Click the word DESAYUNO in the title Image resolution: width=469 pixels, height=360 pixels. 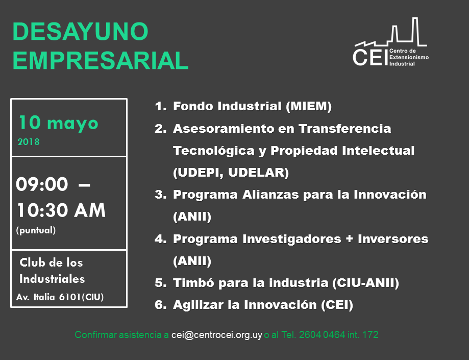81,31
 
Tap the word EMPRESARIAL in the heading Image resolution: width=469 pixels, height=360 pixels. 101,60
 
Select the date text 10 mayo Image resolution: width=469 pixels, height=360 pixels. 58,123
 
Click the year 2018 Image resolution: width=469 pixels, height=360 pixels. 29,142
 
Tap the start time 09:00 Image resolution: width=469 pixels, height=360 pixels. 42,184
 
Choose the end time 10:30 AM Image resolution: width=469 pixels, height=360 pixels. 61,210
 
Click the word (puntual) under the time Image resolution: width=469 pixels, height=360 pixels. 36,230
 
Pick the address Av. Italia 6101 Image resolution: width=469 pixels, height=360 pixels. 48,297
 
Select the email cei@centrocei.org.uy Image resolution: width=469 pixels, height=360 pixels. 217,334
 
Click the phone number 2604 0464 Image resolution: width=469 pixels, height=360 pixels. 322,334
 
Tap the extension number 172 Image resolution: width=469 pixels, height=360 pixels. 371,334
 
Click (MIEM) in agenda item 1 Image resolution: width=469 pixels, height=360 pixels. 309,106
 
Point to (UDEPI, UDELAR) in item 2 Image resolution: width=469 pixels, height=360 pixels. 231,173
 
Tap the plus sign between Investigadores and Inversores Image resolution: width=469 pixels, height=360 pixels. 350,239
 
